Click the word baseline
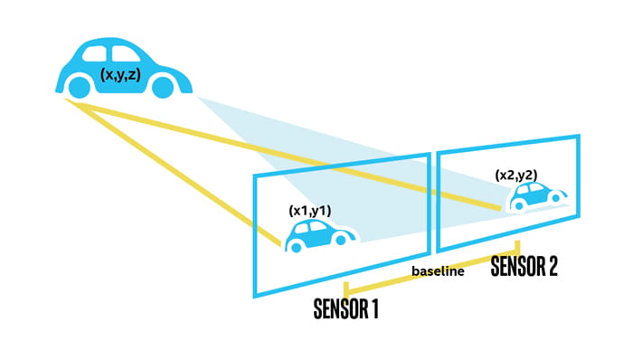438,271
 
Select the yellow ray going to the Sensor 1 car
181,172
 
